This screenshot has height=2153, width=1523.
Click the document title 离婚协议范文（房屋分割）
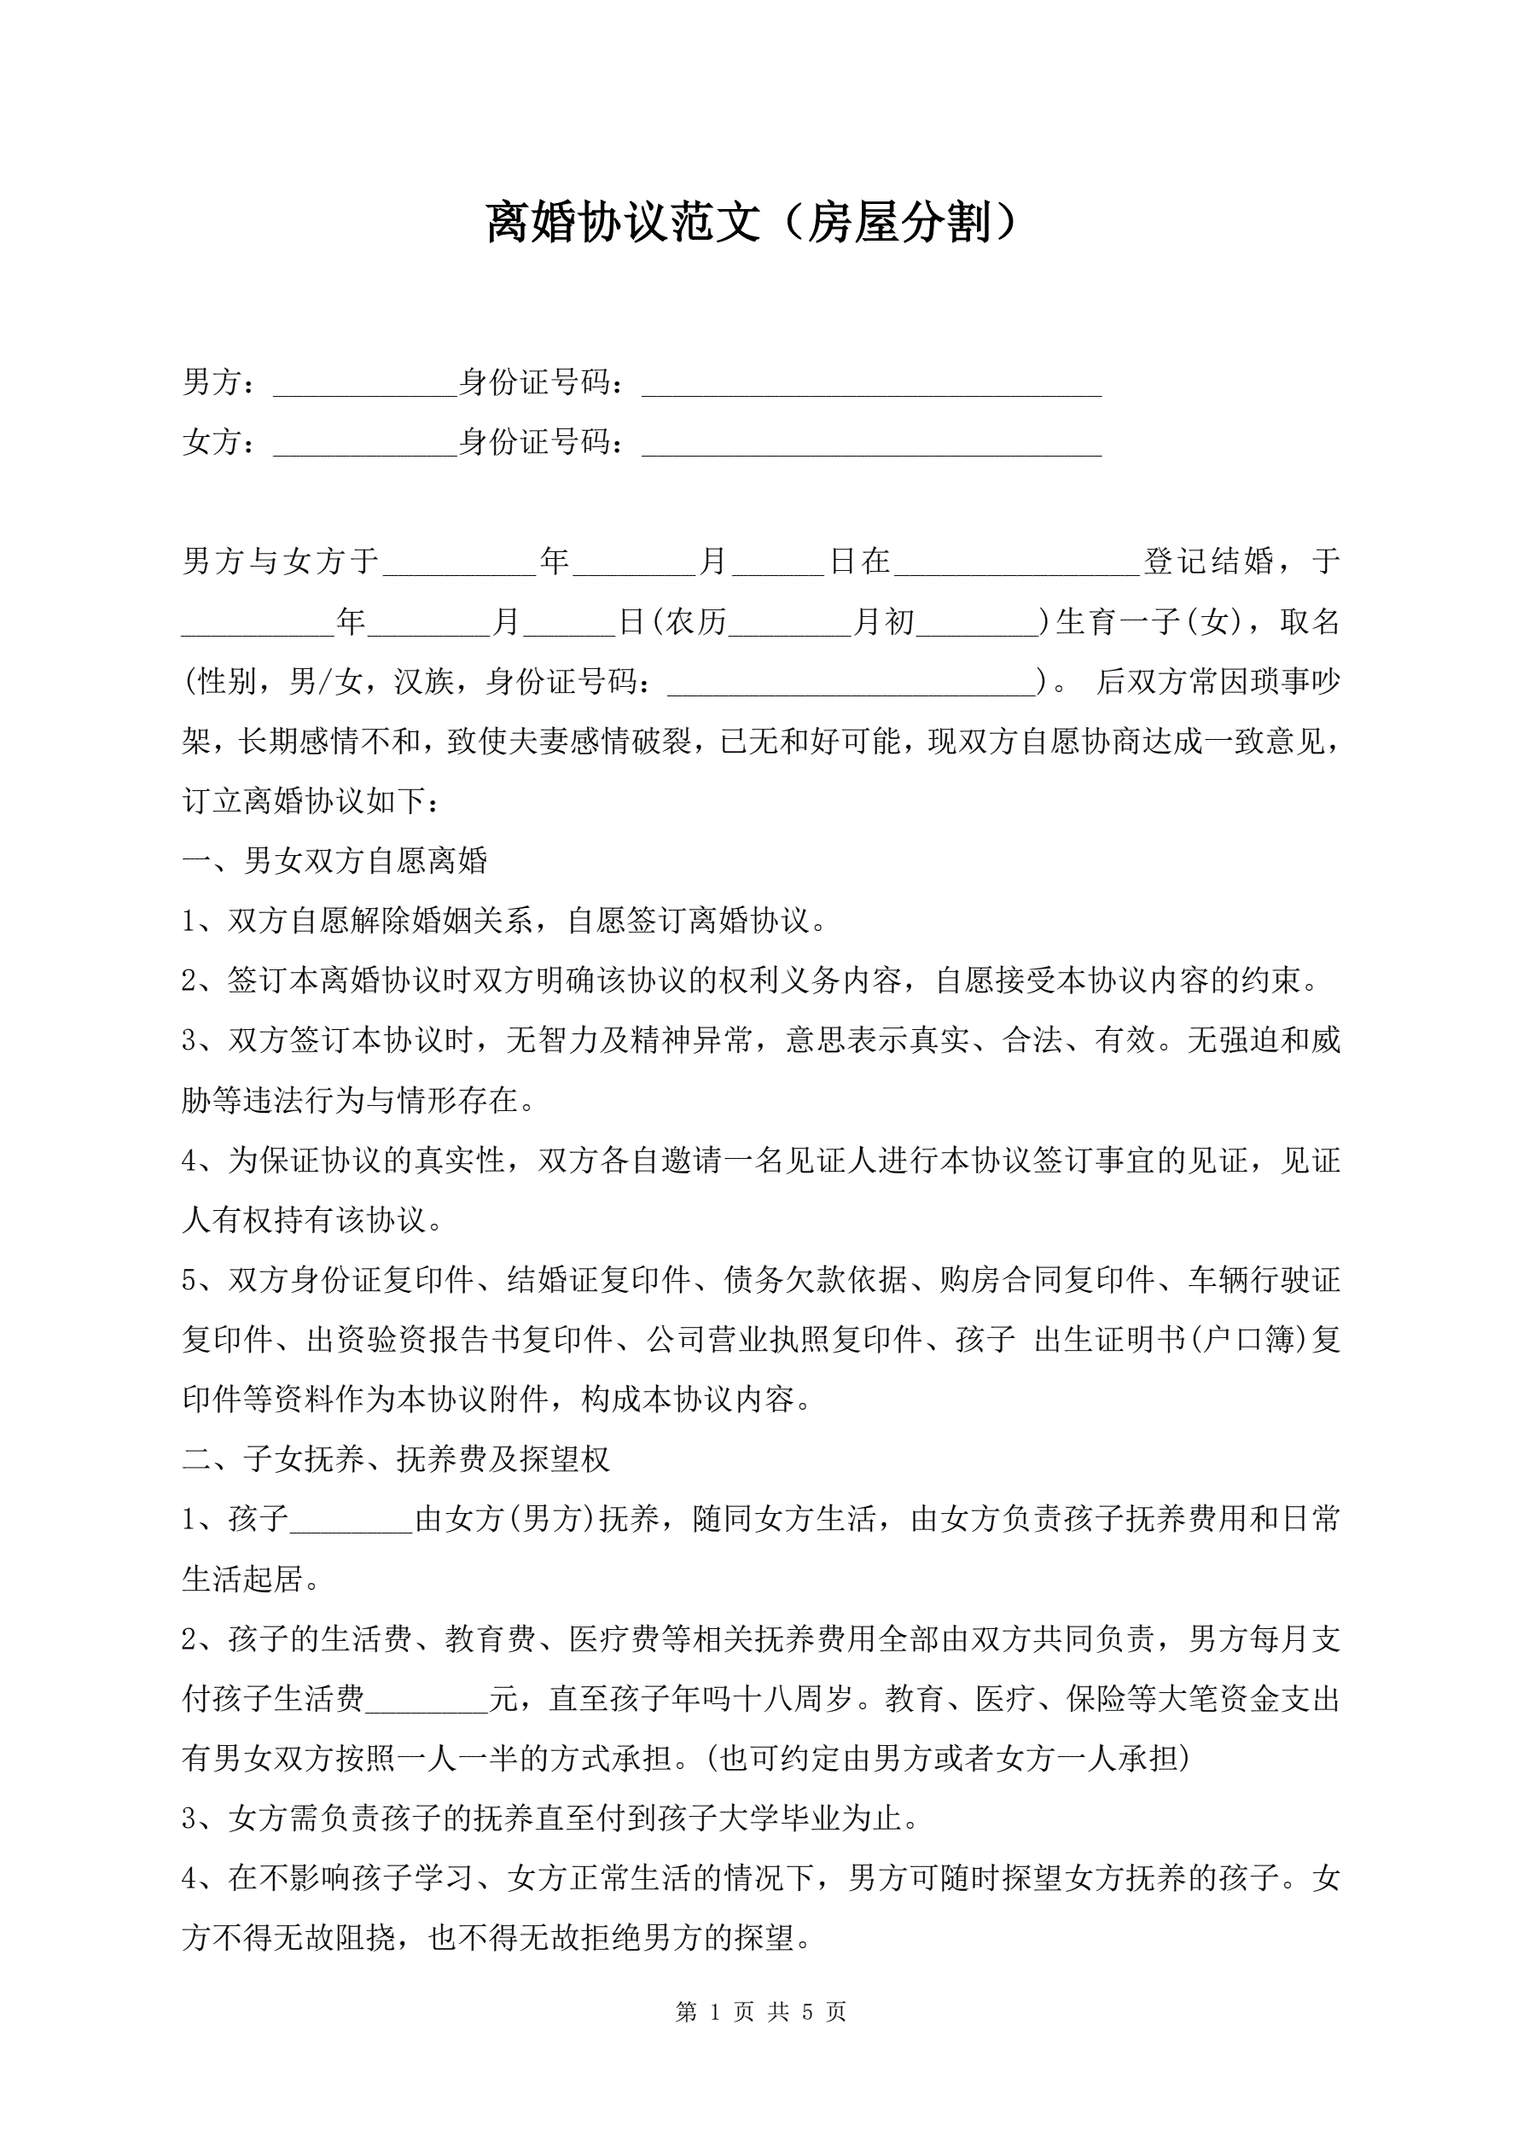pos(751,224)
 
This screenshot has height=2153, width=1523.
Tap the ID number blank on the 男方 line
pos(871,385)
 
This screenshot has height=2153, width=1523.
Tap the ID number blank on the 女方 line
pos(871,444)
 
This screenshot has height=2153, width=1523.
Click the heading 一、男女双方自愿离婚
pos(334,860)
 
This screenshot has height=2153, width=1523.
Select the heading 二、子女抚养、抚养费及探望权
pos(396,1458)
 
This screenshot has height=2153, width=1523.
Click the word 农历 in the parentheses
pos(697,622)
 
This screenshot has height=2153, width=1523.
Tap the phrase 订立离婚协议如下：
pos(310,800)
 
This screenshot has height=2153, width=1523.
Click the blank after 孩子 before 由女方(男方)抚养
pos(352,1520)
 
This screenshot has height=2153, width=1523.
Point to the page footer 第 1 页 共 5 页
pos(760,2011)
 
